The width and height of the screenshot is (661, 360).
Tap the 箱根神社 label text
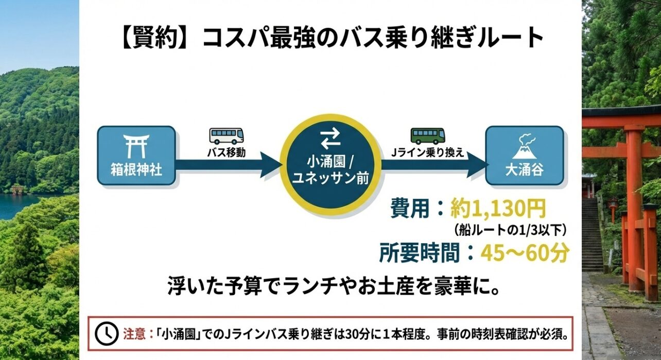coord(136,169)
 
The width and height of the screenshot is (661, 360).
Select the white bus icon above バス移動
coord(227,136)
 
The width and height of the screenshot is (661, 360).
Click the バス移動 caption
coord(227,152)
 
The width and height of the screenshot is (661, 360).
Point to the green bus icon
coord(427,136)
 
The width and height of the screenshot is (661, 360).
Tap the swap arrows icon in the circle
coord(330,139)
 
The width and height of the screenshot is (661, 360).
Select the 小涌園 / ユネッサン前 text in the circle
coord(330,170)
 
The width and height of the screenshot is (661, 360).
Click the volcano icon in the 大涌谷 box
coord(525,146)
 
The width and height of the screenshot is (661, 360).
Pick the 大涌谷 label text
coord(525,169)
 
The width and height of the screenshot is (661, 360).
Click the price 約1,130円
coord(497,209)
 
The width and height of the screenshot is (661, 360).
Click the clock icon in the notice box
coord(106,333)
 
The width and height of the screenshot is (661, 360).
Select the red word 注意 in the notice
coord(132,333)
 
